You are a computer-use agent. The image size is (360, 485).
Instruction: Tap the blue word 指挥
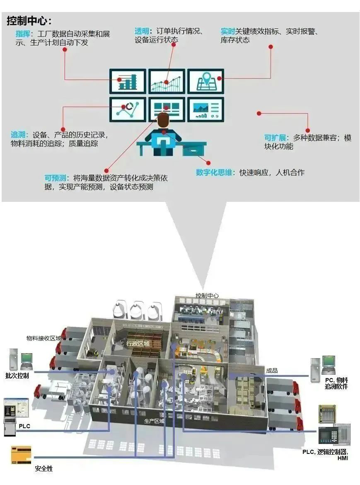coord(23,34)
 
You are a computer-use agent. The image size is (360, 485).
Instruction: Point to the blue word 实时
coord(228,32)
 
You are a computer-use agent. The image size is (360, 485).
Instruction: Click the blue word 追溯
coord(19,135)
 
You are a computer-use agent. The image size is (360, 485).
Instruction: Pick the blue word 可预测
coord(56,178)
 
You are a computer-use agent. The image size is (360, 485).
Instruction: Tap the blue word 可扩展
coord(275,138)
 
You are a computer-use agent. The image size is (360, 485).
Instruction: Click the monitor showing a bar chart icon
coord(128,81)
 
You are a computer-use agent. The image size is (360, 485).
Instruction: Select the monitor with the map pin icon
coord(205,81)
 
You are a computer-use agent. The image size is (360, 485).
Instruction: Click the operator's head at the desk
coord(163,121)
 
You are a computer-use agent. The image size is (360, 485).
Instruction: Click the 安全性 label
coord(43,469)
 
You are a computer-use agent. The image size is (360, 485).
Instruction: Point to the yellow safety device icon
coord(21,454)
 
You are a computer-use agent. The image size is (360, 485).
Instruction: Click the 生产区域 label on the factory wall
coord(154,421)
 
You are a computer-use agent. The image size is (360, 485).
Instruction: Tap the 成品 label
coord(272,371)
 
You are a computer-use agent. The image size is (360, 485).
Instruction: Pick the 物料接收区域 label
coord(44,338)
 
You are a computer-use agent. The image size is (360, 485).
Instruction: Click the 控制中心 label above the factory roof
coord(207,296)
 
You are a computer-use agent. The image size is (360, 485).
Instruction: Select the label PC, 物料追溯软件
coord(336,383)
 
